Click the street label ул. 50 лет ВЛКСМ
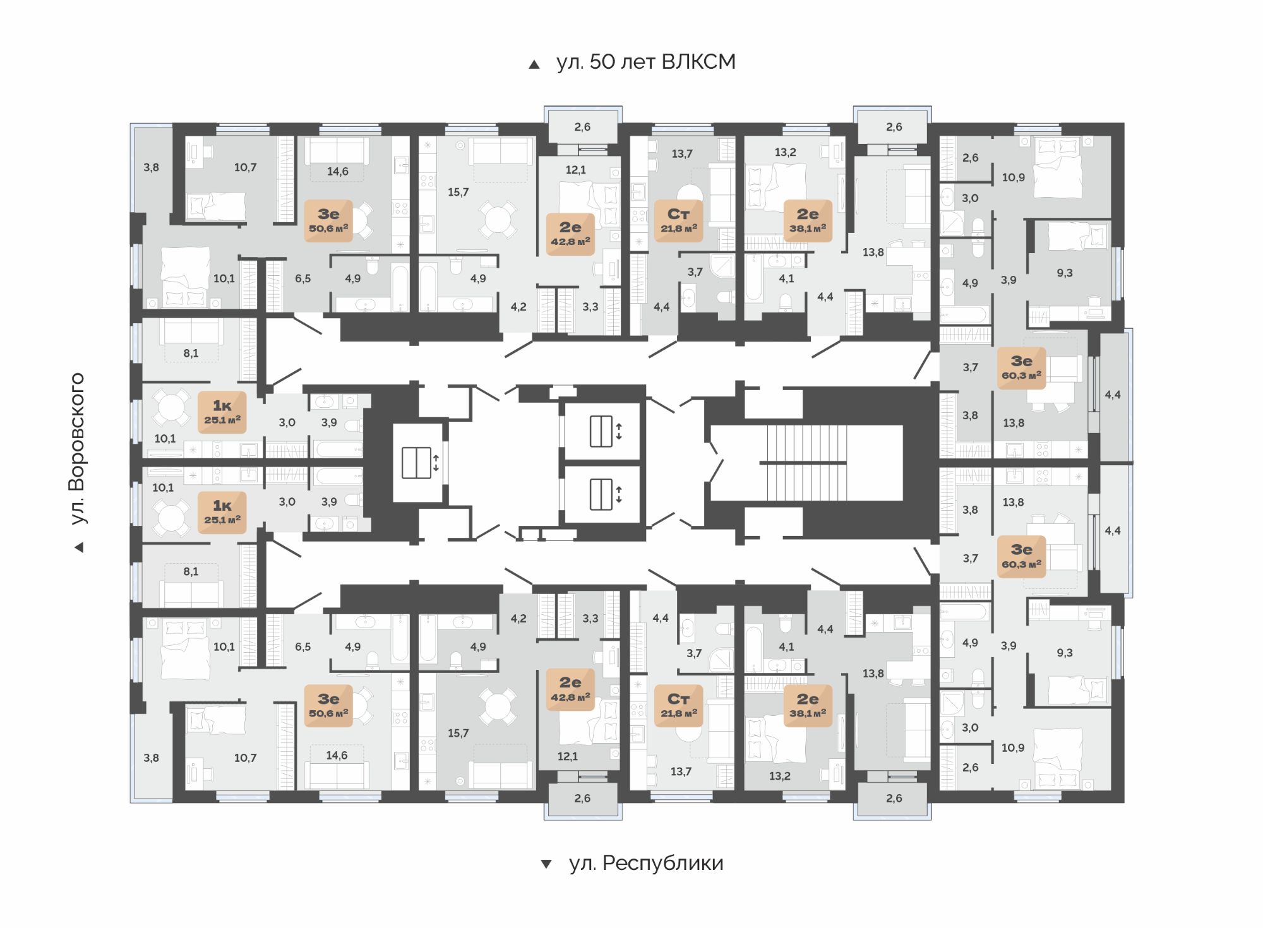point(646,62)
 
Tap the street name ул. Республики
point(646,862)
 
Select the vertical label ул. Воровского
point(77,448)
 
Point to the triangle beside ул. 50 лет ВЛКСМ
point(534,64)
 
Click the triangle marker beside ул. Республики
point(546,864)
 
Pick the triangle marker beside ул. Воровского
point(79,547)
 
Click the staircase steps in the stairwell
point(806,462)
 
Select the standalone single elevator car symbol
point(416,462)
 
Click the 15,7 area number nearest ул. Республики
point(458,733)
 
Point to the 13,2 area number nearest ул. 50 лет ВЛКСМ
point(785,152)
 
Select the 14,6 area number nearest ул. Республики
point(337,755)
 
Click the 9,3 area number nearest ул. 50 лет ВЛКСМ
point(1065,273)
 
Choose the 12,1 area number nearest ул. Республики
point(567,756)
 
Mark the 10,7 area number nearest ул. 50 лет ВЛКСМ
point(245,167)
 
